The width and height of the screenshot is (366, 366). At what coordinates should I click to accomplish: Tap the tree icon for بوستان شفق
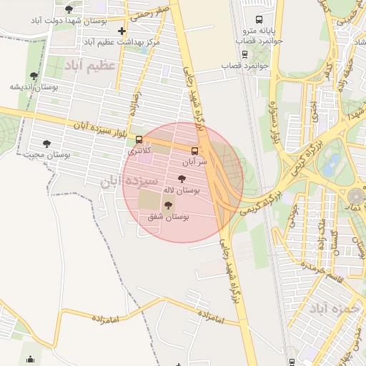coord(169,205)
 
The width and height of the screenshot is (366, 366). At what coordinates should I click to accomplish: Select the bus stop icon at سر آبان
coord(194,150)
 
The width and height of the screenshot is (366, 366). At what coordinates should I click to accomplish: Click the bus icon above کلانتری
coord(139,140)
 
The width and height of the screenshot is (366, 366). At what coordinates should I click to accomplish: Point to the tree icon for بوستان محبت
coord(46,144)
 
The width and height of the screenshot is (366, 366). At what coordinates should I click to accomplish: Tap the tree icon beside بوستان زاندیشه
coord(34,76)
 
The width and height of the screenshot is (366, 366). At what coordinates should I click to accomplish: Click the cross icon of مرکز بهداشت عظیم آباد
coord(122,31)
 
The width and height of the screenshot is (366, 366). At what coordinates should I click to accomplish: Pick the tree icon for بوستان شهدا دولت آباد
coord(69,9)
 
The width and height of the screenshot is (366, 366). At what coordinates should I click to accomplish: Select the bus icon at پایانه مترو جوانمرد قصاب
coord(258,19)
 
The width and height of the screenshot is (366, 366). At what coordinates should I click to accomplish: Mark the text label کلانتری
coord(139,152)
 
